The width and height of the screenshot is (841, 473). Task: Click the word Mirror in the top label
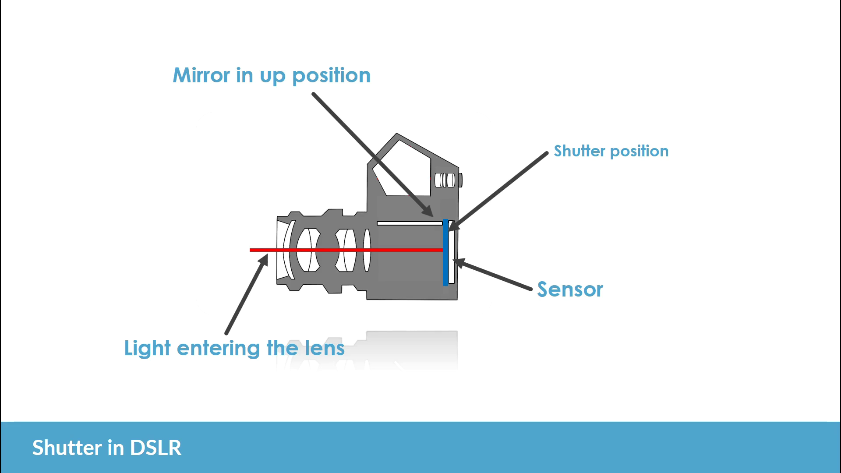201,75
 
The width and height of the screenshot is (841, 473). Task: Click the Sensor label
570,289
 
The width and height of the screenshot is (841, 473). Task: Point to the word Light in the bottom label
147,349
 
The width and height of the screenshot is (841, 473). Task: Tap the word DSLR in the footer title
155,448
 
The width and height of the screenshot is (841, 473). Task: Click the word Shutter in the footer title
67,448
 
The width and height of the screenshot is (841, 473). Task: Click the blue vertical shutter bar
445,263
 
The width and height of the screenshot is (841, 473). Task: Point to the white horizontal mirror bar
410,223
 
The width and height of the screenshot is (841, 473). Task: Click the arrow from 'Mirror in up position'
372,155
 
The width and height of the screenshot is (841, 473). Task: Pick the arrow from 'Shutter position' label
499,191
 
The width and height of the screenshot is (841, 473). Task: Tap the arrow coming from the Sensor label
493,275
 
